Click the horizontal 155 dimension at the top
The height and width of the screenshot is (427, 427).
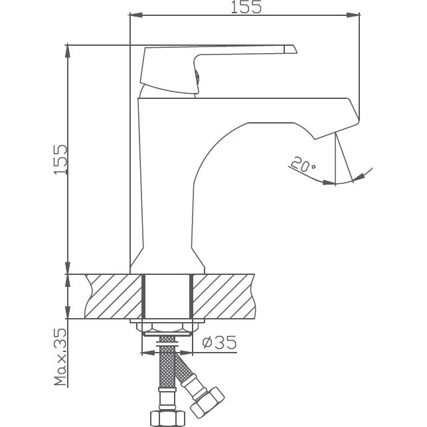pyautogui.click(x=246, y=7)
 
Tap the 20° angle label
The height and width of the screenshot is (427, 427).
pyautogui.click(x=303, y=164)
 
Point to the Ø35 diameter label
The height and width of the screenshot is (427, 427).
pyautogui.click(x=217, y=343)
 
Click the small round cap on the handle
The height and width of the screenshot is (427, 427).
pyautogui.click(x=197, y=78)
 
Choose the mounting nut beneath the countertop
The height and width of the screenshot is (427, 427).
pyautogui.click(x=167, y=327)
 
